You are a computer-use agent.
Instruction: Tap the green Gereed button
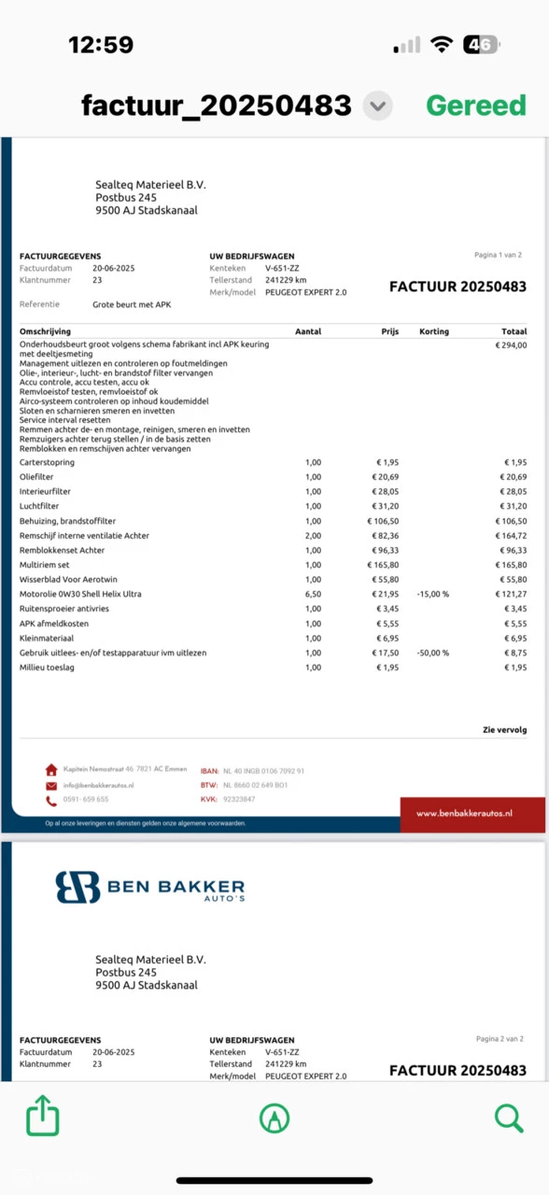click(x=476, y=105)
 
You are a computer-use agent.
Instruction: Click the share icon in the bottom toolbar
click(x=43, y=1117)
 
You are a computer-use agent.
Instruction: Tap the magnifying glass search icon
click(x=508, y=1117)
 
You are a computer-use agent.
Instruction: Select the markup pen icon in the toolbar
click(x=274, y=1117)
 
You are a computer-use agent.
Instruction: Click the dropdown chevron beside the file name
click(x=377, y=106)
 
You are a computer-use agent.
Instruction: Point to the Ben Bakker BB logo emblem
click(x=77, y=887)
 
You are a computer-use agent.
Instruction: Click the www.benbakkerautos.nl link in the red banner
click(x=464, y=813)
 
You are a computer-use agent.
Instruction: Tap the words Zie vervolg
click(x=504, y=731)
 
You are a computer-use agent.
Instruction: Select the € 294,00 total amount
click(x=510, y=344)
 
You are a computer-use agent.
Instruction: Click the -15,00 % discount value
click(x=432, y=594)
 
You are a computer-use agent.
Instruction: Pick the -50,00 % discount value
click(x=432, y=653)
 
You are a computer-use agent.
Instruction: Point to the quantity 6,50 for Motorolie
click(x=313, y=594)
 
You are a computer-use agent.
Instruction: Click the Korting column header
click(x=434, y=331)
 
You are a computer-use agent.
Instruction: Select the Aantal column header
click(x=308, y=331)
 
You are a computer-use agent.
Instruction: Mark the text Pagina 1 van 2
click(x=499, y=255)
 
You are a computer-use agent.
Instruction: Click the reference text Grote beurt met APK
click(x=132, y=304)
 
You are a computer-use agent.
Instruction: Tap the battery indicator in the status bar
click(x=482, y=45)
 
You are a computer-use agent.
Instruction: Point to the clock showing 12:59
click(x=101, y=45)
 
